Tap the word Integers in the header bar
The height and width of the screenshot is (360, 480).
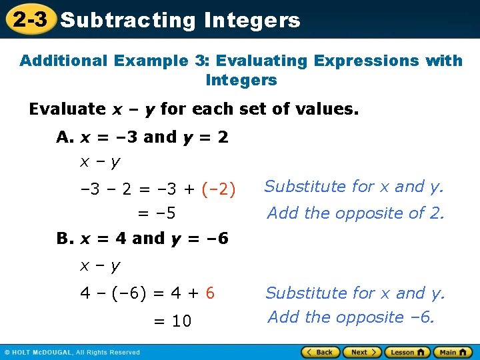click(252, 20)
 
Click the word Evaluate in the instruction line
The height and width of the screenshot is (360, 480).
click(67, 109)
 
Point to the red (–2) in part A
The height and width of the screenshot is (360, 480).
click(218, 189)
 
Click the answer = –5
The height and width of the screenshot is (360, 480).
click(157, 213)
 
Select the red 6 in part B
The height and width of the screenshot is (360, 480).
click(210, 293)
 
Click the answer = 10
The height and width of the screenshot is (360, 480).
click(173, 321)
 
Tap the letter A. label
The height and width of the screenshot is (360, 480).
click(65, 137)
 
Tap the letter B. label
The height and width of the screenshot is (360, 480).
click(65, 238)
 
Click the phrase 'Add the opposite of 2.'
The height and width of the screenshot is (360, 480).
click(355, 213)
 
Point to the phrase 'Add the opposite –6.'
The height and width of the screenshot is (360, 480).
click(351, 317)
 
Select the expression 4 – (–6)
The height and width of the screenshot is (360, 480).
click(114, 293)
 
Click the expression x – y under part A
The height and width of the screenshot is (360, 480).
click(100, 161)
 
